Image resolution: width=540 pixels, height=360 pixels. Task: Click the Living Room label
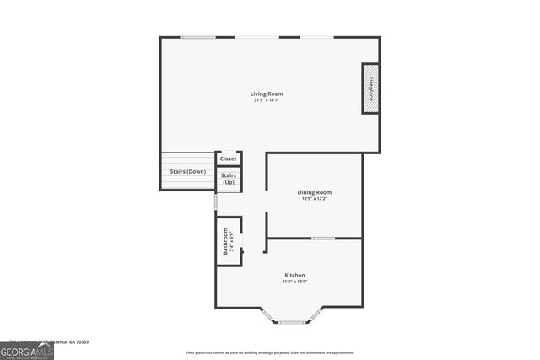click(266, 94)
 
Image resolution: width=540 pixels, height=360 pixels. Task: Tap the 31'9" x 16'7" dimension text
click(266, 100)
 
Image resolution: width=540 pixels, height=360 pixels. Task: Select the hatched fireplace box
click(370, 88)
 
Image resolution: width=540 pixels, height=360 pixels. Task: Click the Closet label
click(229, 159)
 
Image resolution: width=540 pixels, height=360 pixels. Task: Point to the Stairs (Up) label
click(229, 179)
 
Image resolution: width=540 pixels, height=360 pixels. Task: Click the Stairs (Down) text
click(188, 172)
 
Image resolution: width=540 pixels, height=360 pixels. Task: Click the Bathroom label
click(225, 241)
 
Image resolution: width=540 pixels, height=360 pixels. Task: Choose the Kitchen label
click(294, 276)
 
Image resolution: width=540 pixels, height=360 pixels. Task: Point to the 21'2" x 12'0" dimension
click(294, 282)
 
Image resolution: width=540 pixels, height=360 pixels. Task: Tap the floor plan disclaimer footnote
click(270, 353)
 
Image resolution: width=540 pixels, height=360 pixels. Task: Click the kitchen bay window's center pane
click(293, 321)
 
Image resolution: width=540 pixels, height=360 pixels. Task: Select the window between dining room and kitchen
click(323, 238)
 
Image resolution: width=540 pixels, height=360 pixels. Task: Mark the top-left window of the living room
click(197, 37)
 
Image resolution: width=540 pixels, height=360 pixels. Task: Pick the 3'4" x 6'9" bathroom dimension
click(232, 242)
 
